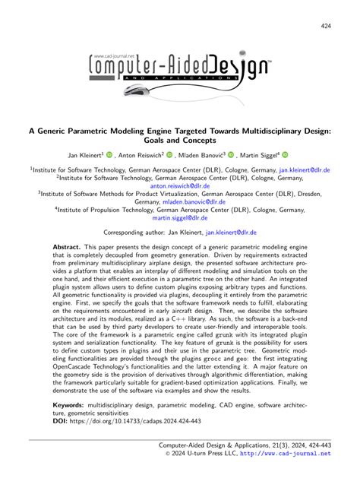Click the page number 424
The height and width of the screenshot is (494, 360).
point(325,27)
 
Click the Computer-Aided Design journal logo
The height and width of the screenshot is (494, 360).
point(180,68)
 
